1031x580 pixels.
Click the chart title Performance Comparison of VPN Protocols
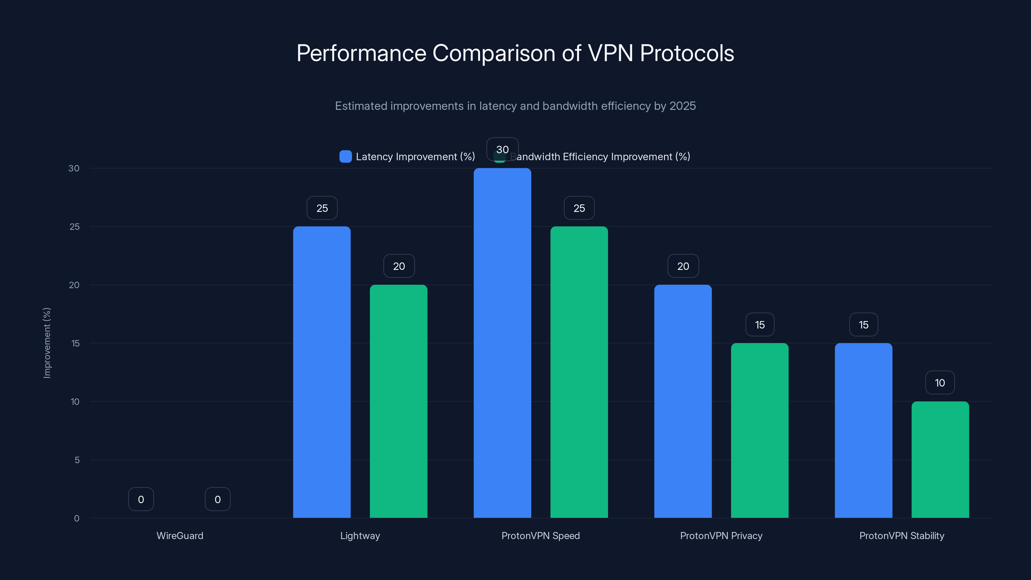(x=515, y=53)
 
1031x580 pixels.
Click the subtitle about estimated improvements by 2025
(x=515, y=106)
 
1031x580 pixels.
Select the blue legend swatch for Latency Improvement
(x=345, y=157)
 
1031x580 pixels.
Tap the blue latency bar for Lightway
(x=322, y=372)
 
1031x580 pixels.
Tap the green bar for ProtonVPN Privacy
(x=760, y=430)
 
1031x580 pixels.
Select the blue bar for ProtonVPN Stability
(x=863, y=430)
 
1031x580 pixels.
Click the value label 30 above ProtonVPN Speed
(x=502, y=149)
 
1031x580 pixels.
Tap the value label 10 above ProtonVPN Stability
(x=940, y=383)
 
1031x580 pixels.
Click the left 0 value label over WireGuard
(x=141, y=499)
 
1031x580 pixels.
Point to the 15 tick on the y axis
(x=75, y=343)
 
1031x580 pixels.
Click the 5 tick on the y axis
(x=77, y=460)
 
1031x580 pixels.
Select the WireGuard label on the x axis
(x=180, y=536)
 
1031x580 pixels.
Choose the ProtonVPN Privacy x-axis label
(x=721, y=536)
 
